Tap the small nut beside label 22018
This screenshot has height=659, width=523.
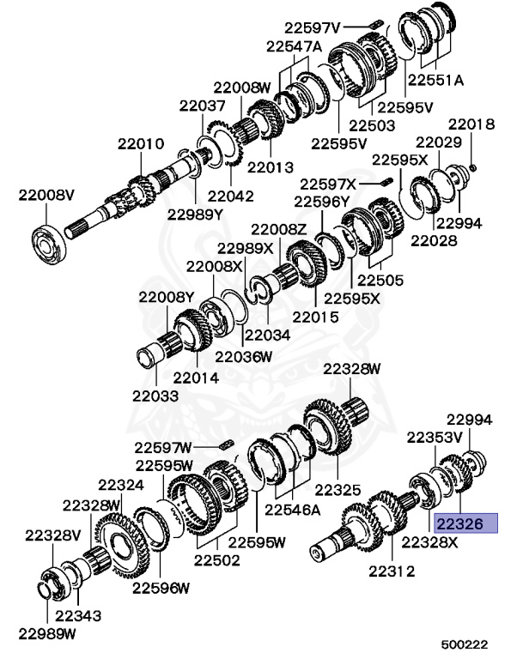(473, 165)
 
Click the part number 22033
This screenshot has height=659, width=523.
(155, 396)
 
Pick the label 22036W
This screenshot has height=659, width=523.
(244, 355)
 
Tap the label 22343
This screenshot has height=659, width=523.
(78, 615)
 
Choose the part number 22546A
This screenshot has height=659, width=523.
(293, 509)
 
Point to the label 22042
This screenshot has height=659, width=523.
(230, 196)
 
